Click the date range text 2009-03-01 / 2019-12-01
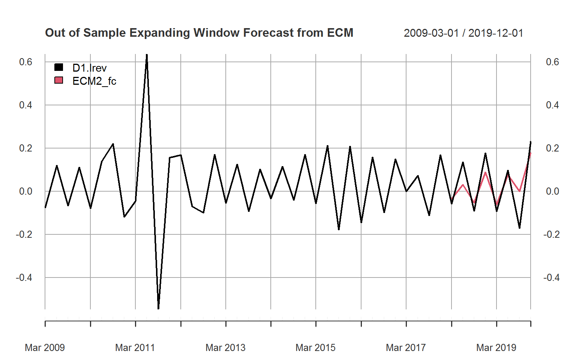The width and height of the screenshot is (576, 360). click(463, 33)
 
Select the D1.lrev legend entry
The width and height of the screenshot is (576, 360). click(89, 68)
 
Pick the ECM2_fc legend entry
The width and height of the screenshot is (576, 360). click(94, 81)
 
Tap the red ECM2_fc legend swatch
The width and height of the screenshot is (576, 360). click(59, 80)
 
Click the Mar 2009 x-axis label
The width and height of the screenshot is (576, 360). click(45, 348)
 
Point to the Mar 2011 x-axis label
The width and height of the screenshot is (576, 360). click(135, 348)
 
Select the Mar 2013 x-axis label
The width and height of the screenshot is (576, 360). click(225, 348)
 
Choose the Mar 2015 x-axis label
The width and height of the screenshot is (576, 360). click(315, 348)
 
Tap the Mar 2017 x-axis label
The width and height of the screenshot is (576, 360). click(406, 348)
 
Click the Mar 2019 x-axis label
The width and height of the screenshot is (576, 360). click(496, 348)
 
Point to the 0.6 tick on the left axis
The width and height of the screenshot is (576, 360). click(25, 62)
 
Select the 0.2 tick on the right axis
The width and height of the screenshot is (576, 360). click(552, 148)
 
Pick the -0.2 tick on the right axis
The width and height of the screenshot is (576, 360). click(551, 234)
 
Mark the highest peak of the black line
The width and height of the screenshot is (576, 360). click(147, 55)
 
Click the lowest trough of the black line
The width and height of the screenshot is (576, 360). click(158, 308)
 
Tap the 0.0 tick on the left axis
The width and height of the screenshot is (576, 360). click(25, 191)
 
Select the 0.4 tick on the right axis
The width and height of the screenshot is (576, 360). click(552, 105)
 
